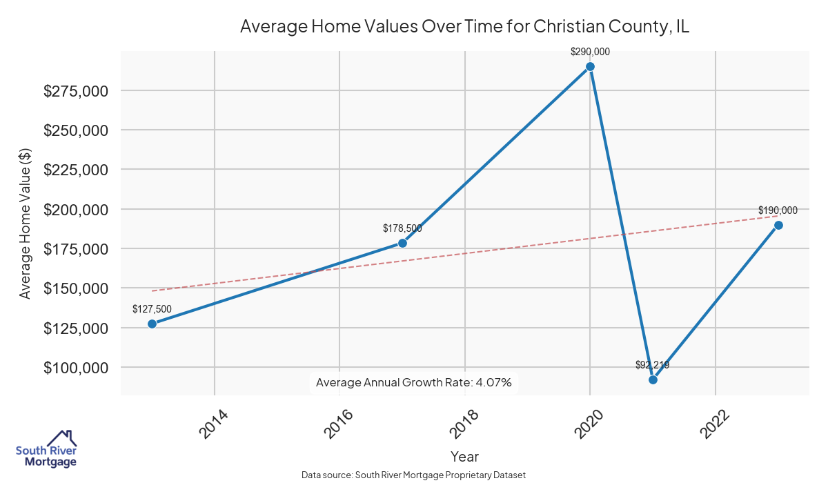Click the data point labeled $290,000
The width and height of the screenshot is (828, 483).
click(590, 67)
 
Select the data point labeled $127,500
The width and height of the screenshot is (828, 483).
click(152, 324)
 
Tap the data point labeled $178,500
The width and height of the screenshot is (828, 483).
click(402, 243)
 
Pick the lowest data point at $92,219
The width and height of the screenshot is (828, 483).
click(653, 379)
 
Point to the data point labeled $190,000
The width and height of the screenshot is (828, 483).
click(778, 225)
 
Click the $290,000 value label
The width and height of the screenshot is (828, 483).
click(590, 52)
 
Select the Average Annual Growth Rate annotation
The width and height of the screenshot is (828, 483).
click(413, 382)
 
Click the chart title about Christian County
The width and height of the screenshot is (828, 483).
click(464, 27)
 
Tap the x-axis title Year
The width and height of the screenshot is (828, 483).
click(464, 456)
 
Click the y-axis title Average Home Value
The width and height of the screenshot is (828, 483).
click(26, 222)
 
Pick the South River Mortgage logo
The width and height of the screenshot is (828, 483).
click(47, 449)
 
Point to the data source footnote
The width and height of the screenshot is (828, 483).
click(413, 475)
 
